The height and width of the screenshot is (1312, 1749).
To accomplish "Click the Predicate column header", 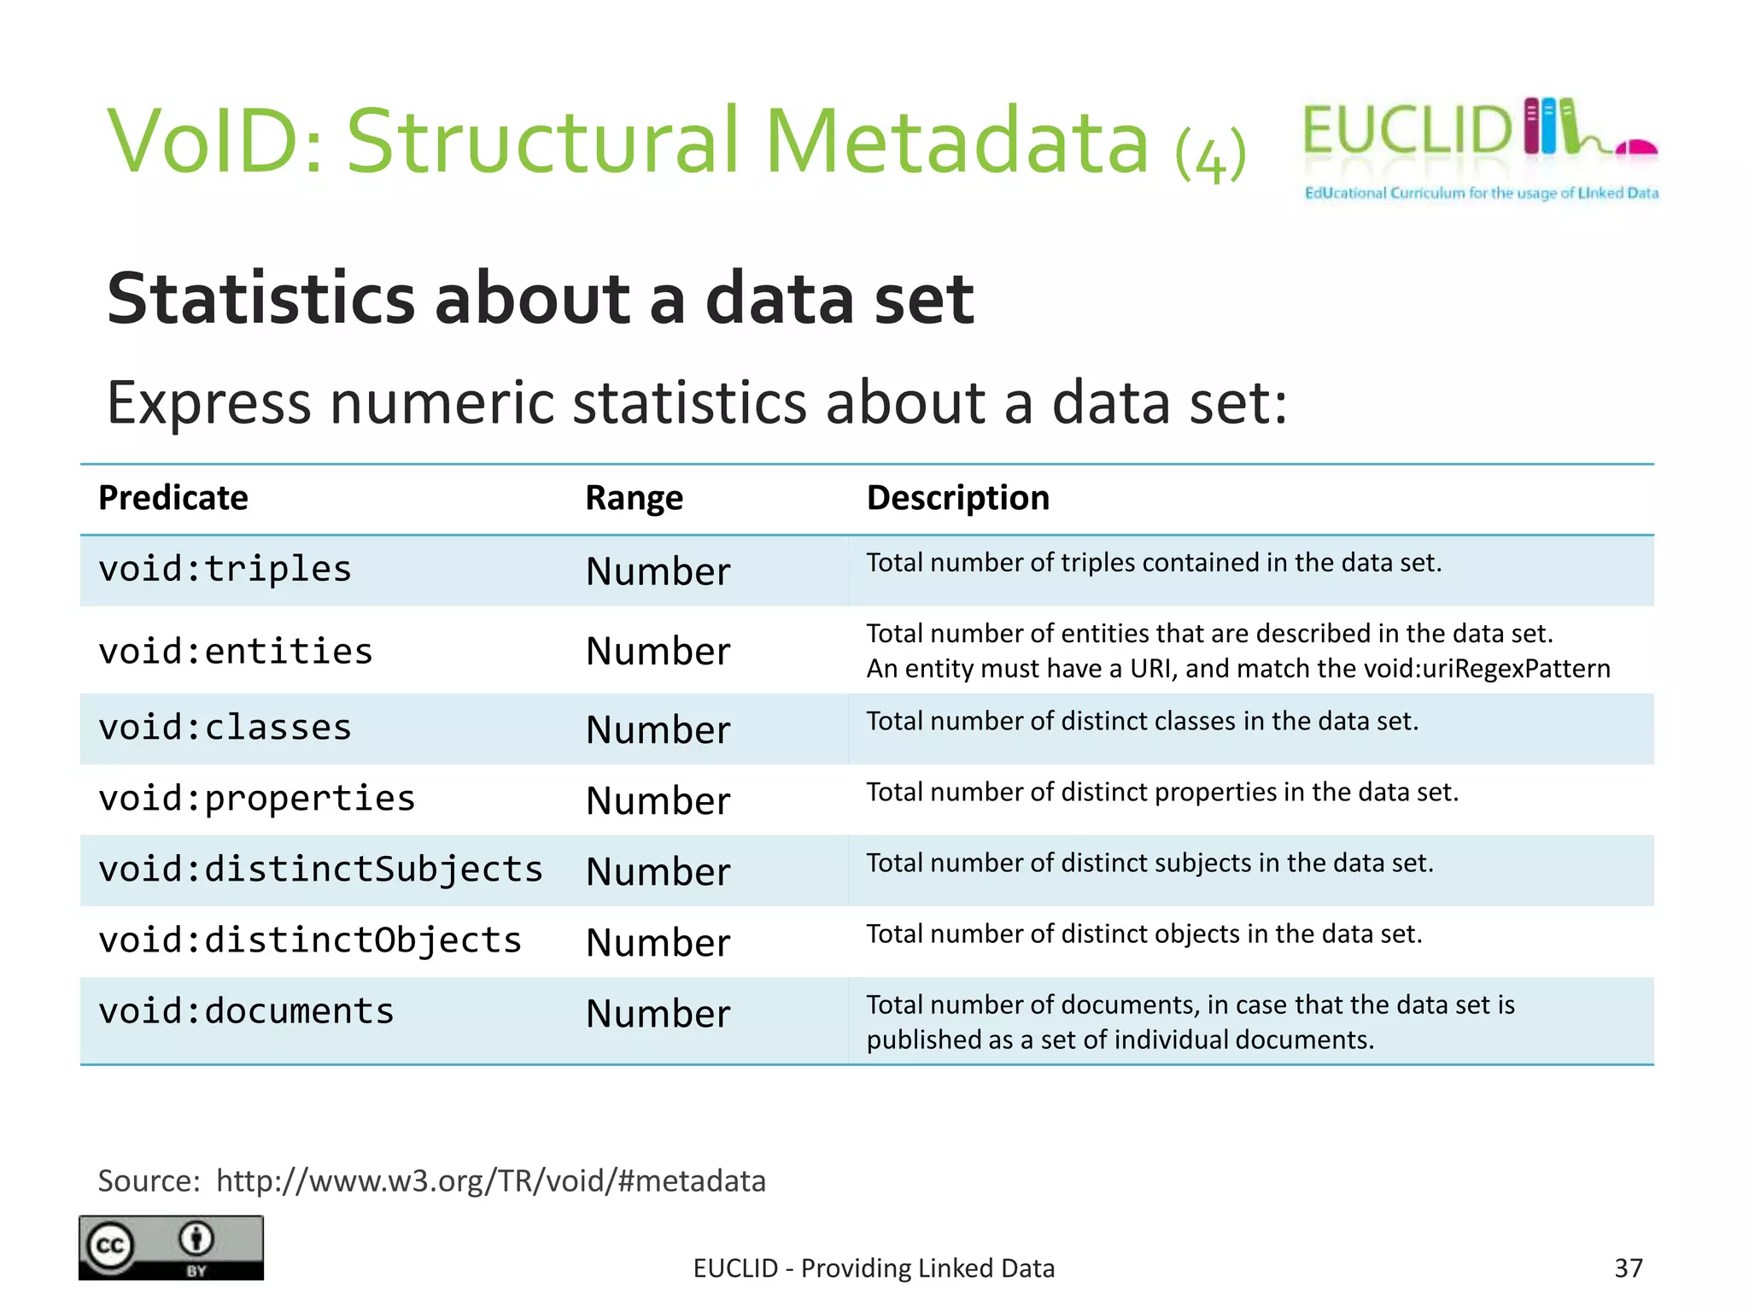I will pyautogui.click(x=173, y=498).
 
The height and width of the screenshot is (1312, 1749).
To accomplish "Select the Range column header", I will pyautogui.click(x=634, y=498).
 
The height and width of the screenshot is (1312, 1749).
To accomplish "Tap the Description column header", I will pyautogui.click(x=957, y=498).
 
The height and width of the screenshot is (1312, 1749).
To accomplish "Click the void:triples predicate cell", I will pyautogui.click(x=225, y=570).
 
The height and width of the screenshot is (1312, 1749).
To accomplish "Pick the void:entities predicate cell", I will pyautogui.click(x=236, y=652).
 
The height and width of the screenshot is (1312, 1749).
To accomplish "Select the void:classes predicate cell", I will pyautogui.click(x=225, y=728).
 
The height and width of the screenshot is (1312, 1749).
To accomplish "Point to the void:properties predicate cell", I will pyautogui.click(x=256, y=799).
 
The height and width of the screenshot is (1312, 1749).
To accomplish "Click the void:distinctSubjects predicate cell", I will pyautogui.click(x=320, y=870).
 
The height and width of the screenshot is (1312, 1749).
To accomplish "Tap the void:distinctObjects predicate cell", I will pyautogui.click(x=310, y=940).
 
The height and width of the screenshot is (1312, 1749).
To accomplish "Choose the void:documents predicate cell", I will pyautogui.click(x=246, y=1011).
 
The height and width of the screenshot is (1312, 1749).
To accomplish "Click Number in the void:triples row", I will pyautogui.click(x=658, y=571).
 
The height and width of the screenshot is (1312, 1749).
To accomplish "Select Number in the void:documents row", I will pyautogui.click(x=658, y=1014).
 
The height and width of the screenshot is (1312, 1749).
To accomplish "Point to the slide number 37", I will pyautogui.click(x=1628, y=1268).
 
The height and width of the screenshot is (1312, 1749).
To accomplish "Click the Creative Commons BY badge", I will pyautogui.click(x=171, y=1247).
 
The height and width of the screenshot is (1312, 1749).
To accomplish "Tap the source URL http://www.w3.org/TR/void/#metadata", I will pyautogui.click(x=491, y=1181).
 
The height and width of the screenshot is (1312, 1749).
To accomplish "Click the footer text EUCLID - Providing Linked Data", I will pyautogui.click(x=874, y=1268).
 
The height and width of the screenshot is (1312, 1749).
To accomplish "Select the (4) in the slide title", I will pyautogui.click(x=1211, y=155).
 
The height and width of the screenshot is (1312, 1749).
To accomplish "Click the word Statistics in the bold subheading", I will pyautogui.click(x=260, y=299).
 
